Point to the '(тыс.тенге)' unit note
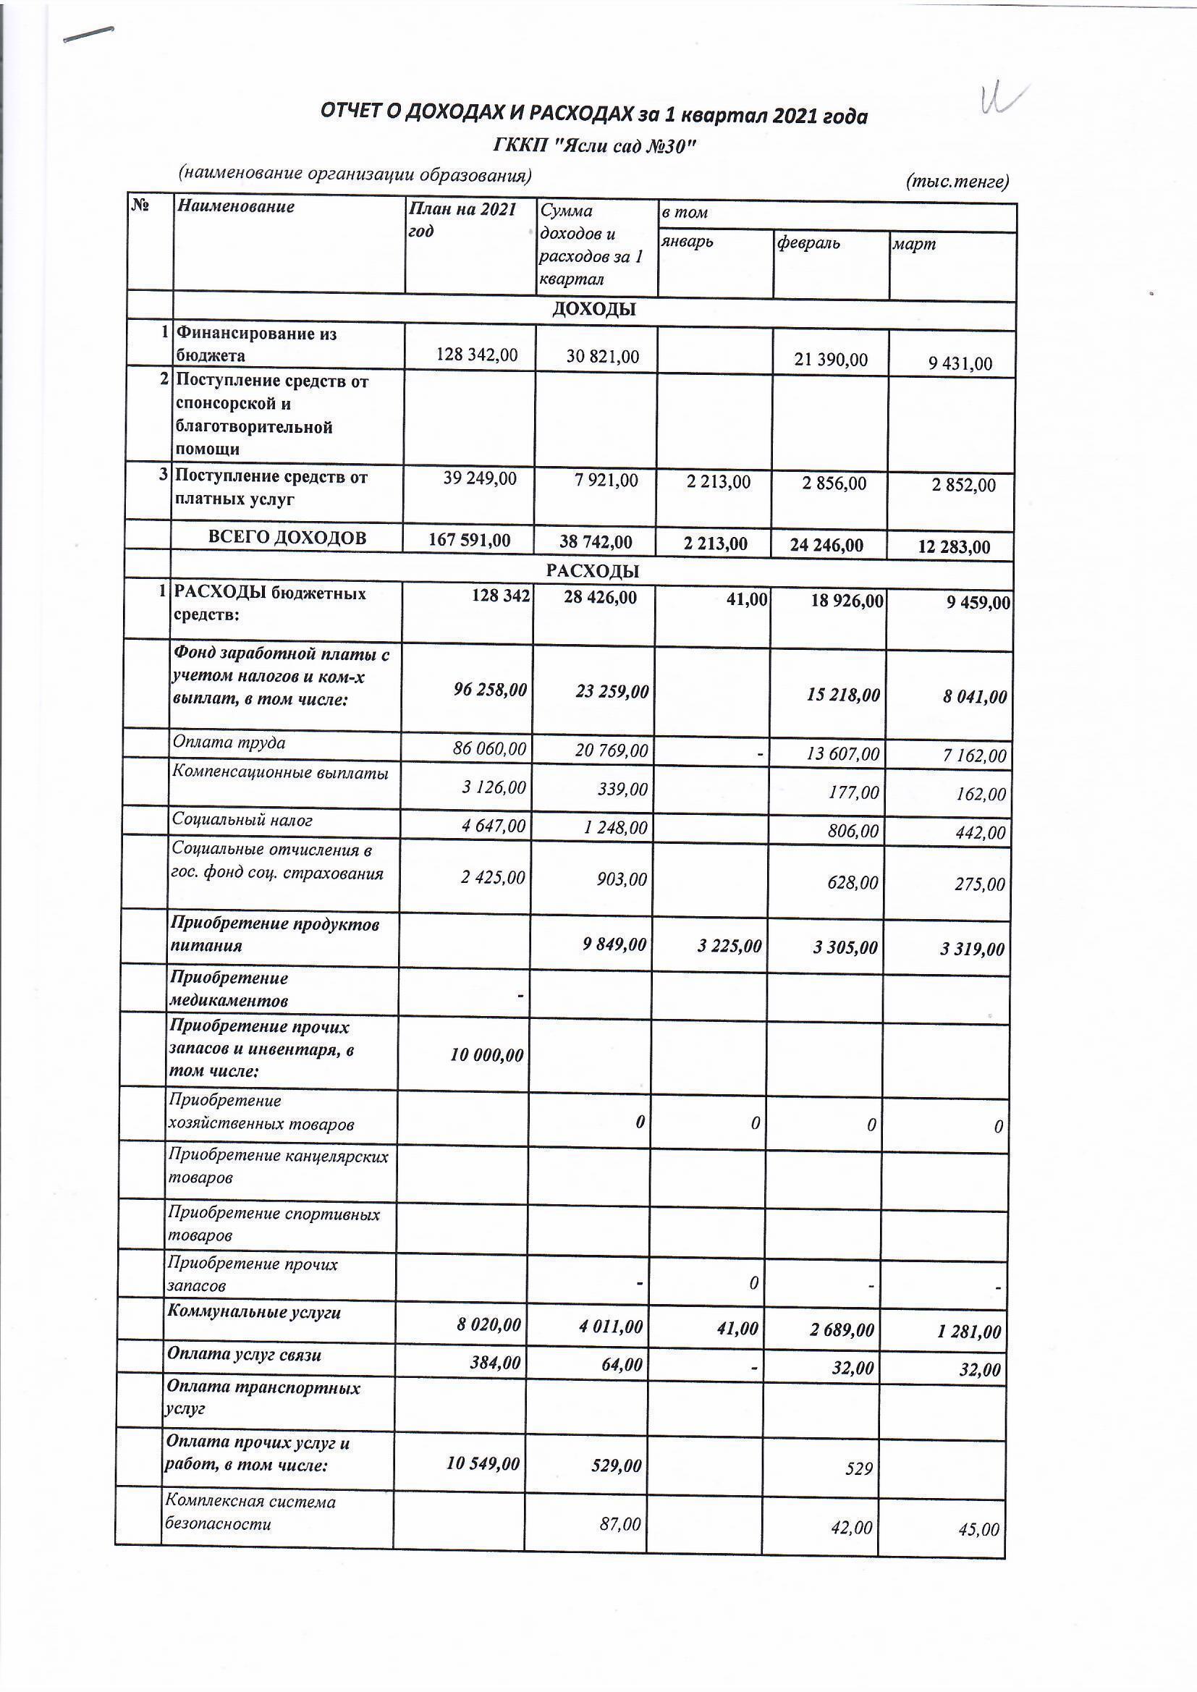point(957,181)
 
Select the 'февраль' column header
point(808,243)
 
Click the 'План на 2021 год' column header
point(462,219)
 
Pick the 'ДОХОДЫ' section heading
point(593,310)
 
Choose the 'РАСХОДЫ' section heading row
point(593,571)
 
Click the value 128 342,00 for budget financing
point(477,355)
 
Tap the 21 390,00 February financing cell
point(831,360)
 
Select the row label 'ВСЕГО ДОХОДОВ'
point(287,538)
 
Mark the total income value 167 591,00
point(470,540)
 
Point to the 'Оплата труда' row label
point(229,742)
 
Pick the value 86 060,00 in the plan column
point(489,750)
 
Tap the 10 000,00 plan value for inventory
point(486,1055)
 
